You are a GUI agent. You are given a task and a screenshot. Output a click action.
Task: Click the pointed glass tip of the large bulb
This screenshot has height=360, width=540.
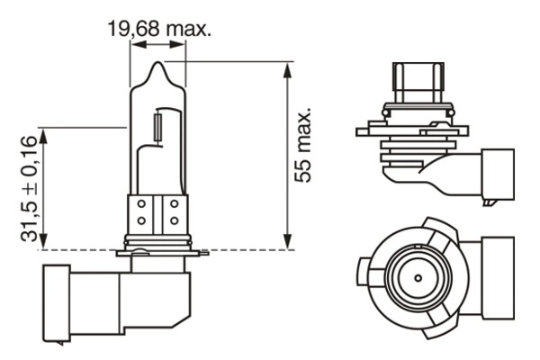pos(157,65)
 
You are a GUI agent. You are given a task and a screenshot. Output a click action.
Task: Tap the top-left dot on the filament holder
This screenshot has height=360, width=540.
pos(142,205)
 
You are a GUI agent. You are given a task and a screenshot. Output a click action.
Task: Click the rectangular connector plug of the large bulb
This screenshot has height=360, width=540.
pos(79,301)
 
